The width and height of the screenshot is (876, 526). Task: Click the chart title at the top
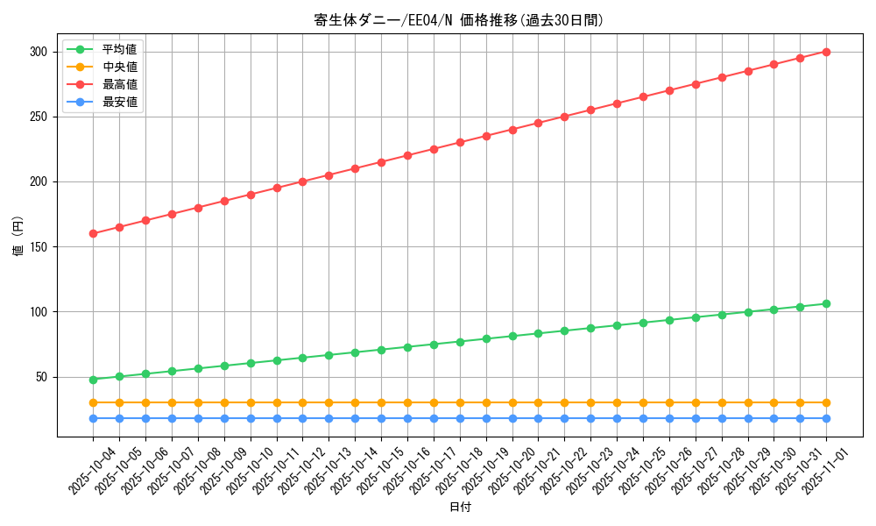pos(459,20)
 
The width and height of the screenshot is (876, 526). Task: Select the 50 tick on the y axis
pos(40,377)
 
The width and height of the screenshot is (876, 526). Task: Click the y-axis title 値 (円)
pos(18,237)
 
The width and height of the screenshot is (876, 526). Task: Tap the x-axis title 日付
pos(460,508)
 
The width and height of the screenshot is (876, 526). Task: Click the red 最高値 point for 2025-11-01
pos(826,52)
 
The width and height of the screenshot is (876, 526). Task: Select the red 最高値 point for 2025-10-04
pos(93,233)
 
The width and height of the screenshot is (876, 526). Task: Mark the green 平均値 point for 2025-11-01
pos(826,303)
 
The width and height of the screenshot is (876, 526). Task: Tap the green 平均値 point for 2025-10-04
pos(93,380)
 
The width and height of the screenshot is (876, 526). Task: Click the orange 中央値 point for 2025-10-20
pos(512,402)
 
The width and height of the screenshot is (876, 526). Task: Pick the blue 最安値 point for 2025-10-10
pos(251,418)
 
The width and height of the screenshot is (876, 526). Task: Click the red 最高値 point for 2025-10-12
pos(302,181)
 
